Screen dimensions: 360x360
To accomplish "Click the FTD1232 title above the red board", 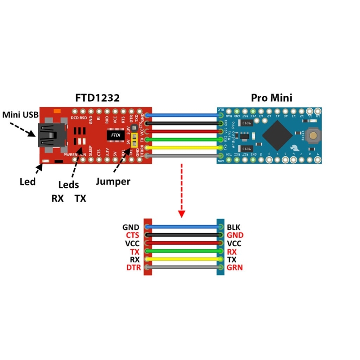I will (97, 99).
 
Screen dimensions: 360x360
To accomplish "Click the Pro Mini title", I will (271, 98).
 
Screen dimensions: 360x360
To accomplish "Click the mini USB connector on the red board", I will (49, 135).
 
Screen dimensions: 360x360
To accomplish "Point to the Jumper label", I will (113, 182).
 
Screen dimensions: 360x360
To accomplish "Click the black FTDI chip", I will (114, 134).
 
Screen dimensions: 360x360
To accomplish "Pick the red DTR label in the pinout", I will (134, 268).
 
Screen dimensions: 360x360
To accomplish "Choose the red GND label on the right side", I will (235, 235).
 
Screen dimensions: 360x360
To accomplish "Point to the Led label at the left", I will (27, 182).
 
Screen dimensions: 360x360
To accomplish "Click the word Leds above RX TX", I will (69, 184).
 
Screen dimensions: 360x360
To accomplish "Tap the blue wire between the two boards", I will (184, 115).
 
